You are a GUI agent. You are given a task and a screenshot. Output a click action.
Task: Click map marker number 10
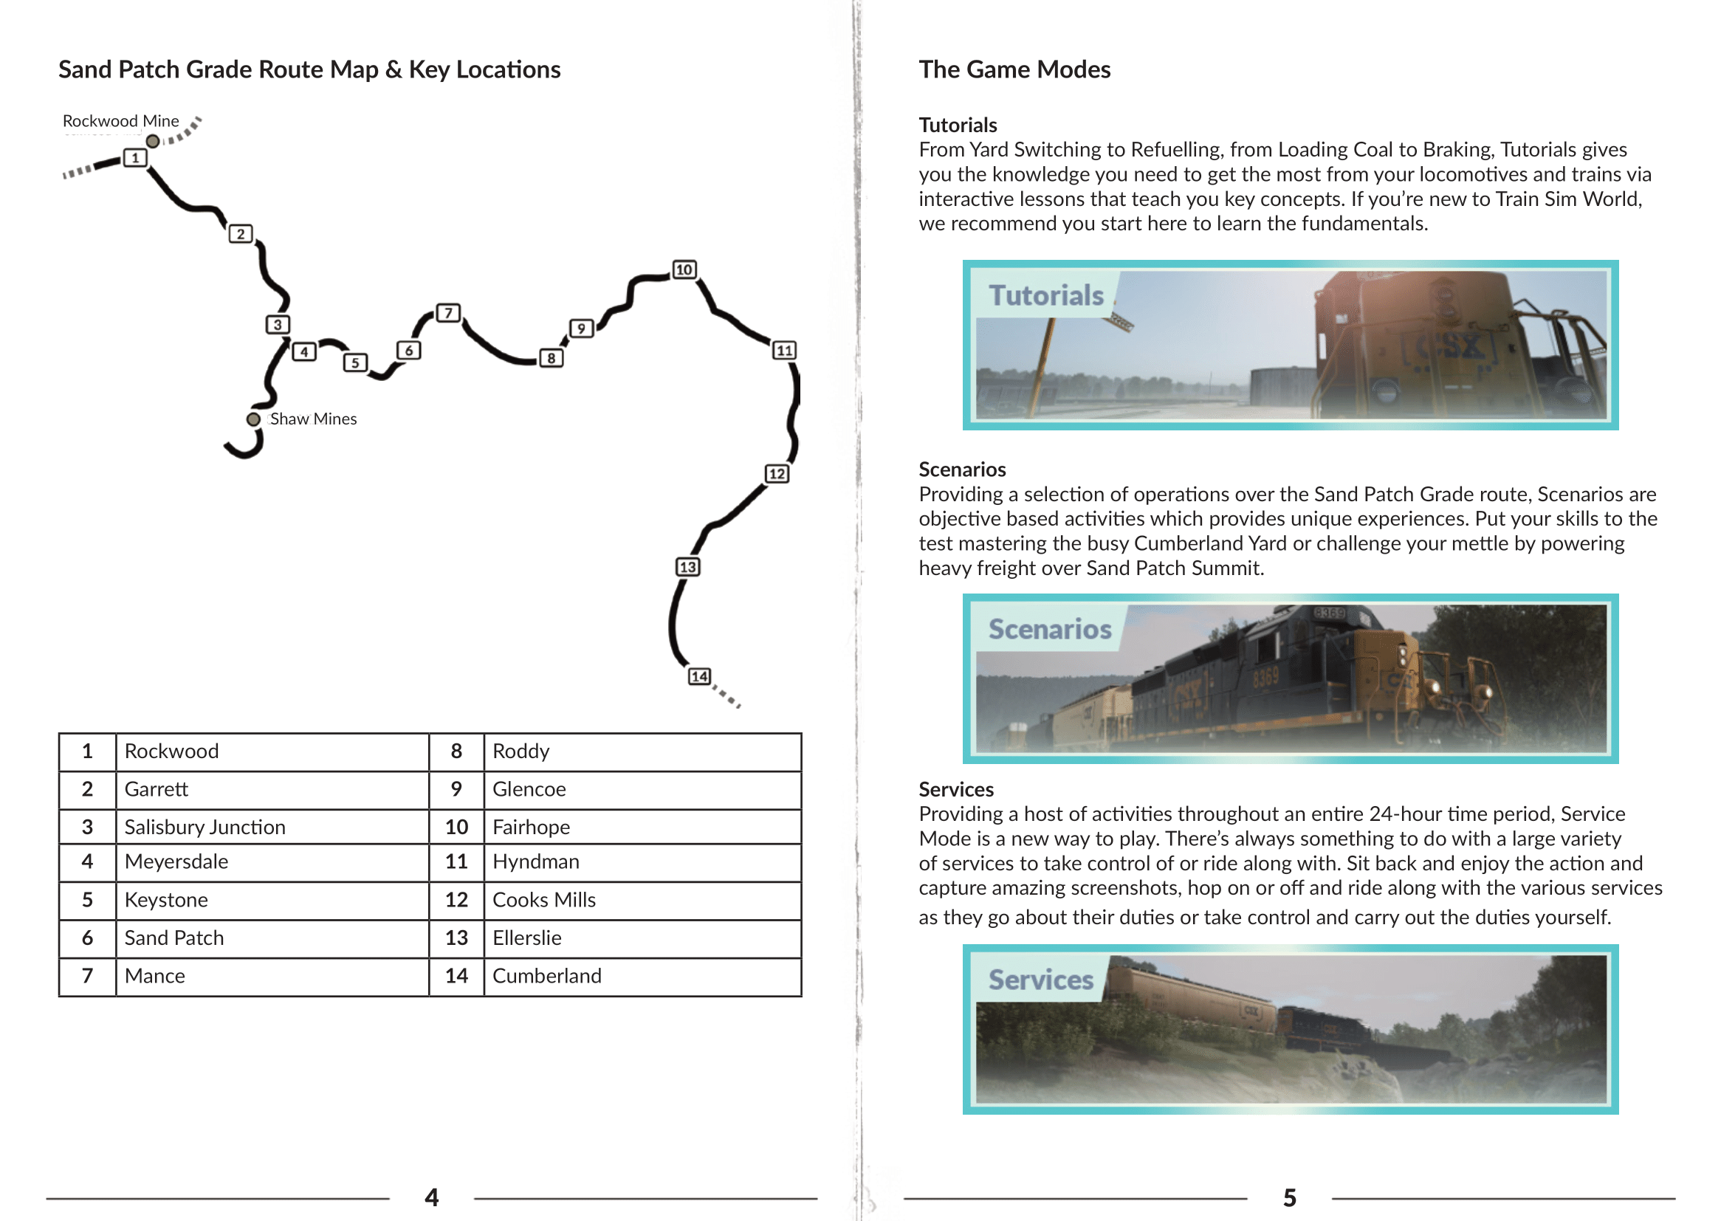684,269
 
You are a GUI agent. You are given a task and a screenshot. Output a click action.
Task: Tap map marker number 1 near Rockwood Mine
134,158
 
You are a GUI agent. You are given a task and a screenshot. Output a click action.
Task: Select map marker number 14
699,676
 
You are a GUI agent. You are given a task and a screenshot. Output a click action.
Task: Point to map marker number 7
448,313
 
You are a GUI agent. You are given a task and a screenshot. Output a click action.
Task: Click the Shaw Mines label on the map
313,419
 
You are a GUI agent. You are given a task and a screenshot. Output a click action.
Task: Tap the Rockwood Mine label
120,121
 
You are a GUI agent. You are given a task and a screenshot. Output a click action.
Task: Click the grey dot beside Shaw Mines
253,419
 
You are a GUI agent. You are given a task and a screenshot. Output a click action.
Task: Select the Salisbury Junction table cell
205,827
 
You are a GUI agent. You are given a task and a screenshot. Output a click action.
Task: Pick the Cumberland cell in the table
546,976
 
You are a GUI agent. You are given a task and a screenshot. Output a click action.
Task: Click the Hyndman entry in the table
535,861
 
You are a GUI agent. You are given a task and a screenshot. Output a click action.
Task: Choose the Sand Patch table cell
174,938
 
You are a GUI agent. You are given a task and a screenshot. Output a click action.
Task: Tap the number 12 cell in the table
456,900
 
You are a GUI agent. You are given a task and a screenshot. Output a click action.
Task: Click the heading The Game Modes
1014,69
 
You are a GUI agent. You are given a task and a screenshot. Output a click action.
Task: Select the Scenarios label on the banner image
1049,629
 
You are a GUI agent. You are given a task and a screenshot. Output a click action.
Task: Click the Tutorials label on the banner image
1045,295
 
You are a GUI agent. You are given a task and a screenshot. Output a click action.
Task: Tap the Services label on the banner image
1040,980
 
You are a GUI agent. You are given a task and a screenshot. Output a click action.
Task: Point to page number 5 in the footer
1289,1197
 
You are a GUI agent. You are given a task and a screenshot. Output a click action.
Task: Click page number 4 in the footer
432,1197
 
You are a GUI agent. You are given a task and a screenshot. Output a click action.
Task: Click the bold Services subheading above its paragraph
955,789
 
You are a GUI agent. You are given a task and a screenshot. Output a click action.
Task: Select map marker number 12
777,474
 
